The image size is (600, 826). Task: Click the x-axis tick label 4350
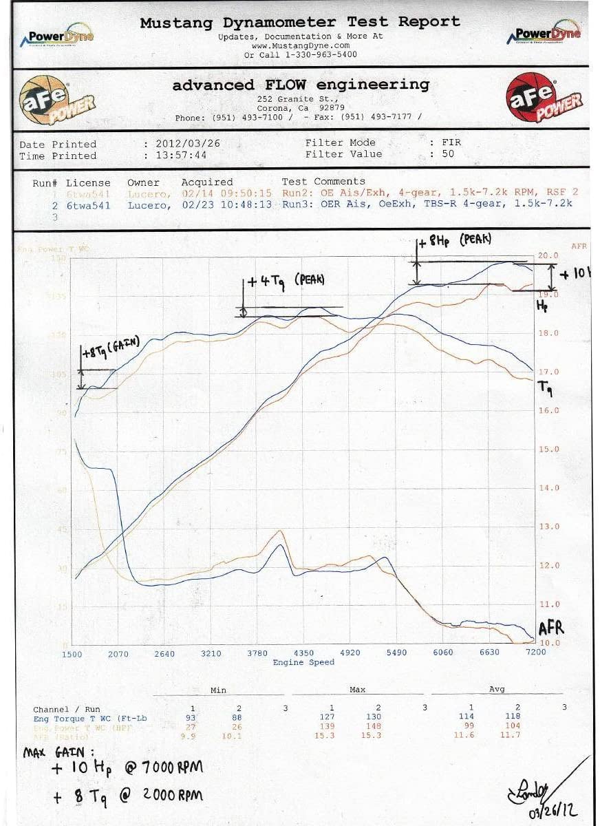pos(303,653)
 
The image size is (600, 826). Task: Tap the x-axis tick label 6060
pos(442,653)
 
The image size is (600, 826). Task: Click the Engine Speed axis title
pos(303,662)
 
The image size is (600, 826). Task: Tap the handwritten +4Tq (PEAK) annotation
pos(285,281)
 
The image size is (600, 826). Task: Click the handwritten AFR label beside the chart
pos(551,628)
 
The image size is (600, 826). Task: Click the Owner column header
pos(143,182)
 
